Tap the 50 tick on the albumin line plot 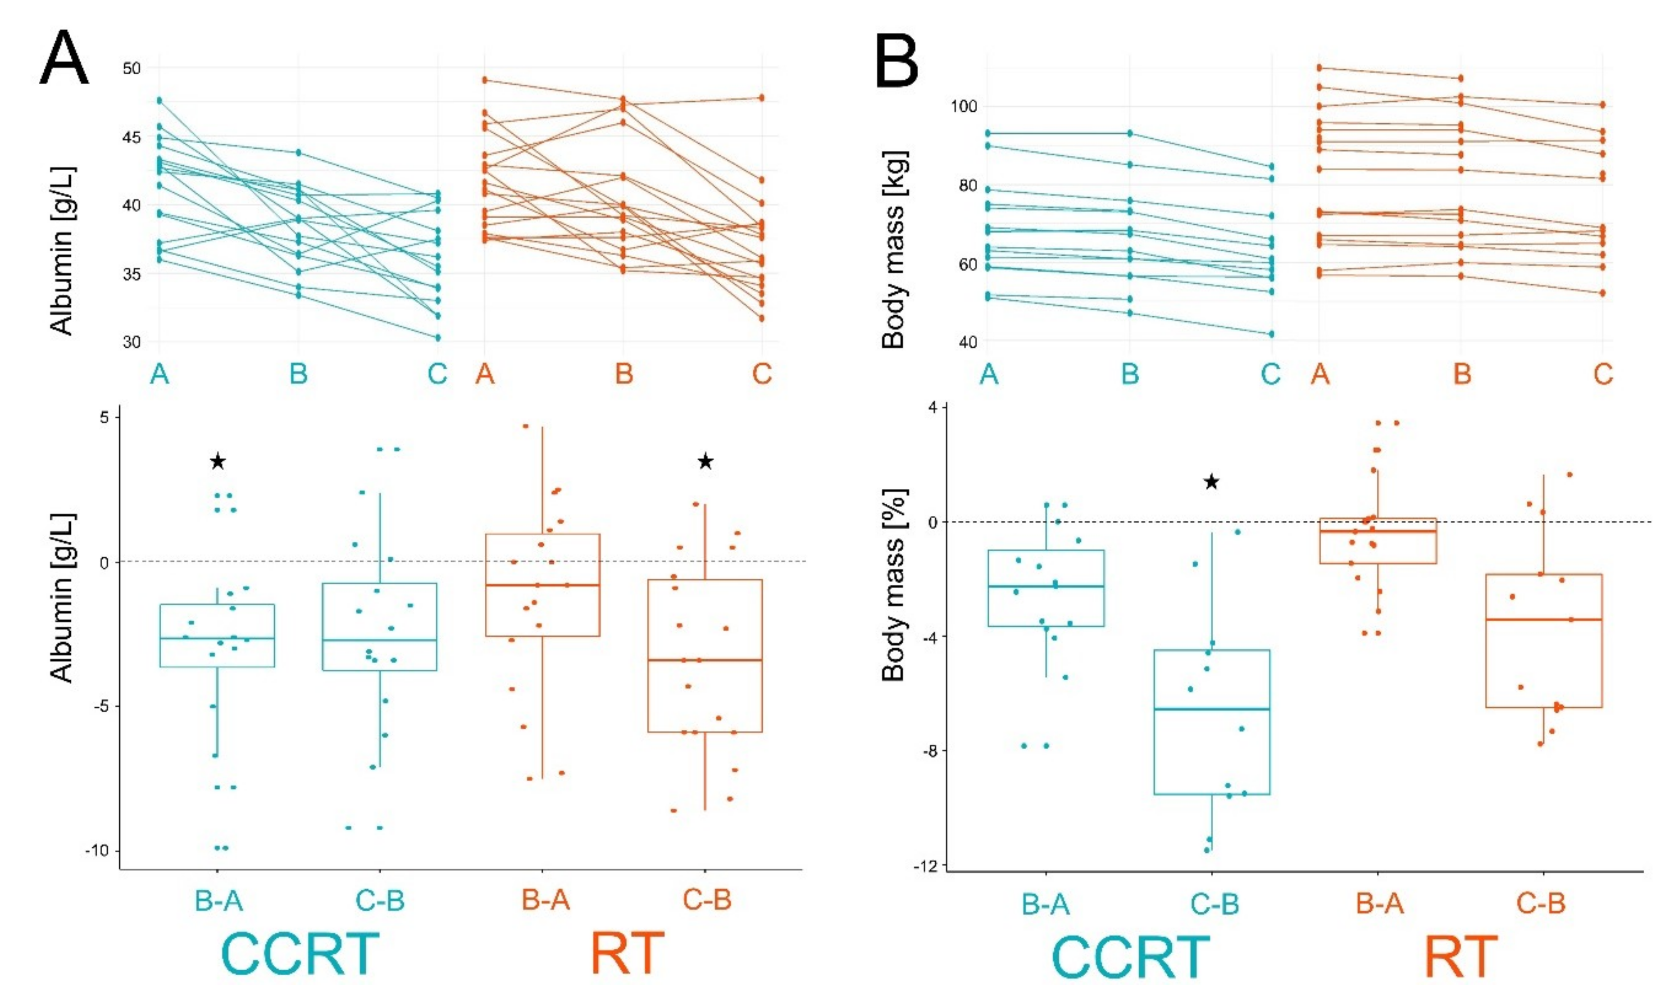coord(132,68)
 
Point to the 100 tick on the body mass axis coord(963,106)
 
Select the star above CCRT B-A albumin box coord(218,462)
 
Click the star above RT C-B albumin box coord(705,462)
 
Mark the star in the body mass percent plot coord(1211,482)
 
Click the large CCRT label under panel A coord(300,954)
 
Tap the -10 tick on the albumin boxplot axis coord(97,850)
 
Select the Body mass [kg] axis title coord(895,250)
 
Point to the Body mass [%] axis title coord(895,585)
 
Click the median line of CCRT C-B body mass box coord(1211,709)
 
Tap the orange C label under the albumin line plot coord(762,373)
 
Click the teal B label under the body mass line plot coord(1130,373)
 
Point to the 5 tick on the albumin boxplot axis coord(105,417)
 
